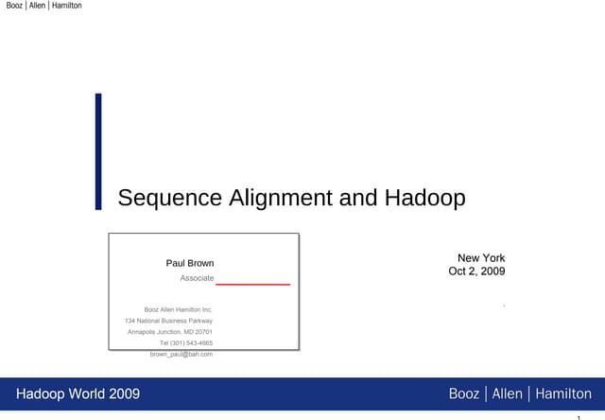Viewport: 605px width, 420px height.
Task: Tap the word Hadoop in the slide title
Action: (x=425, y=198)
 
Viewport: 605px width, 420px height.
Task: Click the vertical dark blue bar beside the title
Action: (x=98, y=150)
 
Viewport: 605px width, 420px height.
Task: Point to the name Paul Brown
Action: (x=190, y=263)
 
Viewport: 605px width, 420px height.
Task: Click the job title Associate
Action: (x=197, y=278)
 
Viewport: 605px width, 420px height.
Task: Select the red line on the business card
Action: (x=252, y=284)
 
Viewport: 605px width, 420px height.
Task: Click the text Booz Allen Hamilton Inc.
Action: (x=178, y=309)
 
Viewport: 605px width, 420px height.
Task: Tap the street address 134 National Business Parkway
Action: (x=168, y=321)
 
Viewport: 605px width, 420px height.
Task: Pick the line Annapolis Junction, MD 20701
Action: (x=170, y=332)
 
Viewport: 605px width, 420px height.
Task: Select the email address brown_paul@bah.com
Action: (x=181, y=354)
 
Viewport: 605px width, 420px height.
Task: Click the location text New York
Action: (x=481, y=258)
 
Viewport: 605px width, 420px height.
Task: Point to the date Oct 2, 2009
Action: (x=476, y=271)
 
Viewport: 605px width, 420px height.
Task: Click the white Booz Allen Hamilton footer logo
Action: (x=520, y=394)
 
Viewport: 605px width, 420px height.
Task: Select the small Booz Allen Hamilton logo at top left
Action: (x=43, y=6)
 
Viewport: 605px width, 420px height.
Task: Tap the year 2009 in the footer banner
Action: (x=123, y=394)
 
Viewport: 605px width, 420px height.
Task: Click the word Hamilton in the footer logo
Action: (x=563, y=394)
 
